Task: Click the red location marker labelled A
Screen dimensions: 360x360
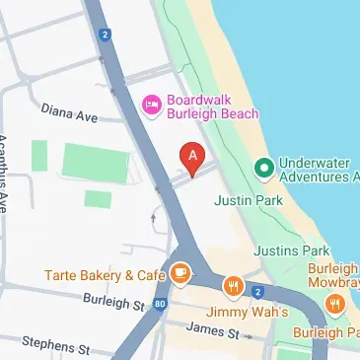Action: (193, 155)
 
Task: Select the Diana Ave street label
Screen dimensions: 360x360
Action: (69, 115)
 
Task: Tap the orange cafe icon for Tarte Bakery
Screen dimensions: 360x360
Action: (180, 273)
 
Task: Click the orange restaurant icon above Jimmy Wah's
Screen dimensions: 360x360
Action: (233, 287)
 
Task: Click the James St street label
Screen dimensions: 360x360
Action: (206, 327)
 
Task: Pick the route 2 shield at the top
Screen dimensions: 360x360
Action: (105, 36)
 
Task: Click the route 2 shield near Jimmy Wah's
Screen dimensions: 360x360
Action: (257, 292)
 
